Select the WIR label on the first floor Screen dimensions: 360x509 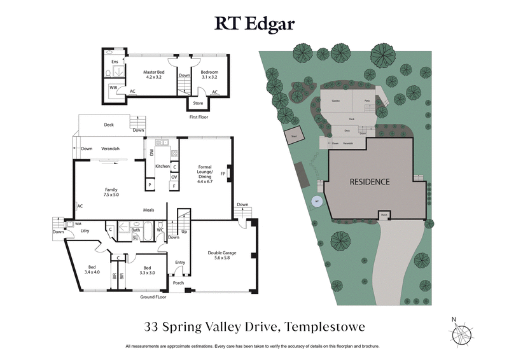tap(113, 88)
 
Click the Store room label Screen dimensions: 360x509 tap(198, 103)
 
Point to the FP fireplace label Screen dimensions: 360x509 tap(223, 172)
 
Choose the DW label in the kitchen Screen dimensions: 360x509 tap(151, 153)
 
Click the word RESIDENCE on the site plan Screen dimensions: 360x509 tap(370, 182)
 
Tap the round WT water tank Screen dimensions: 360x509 tap(316, 202)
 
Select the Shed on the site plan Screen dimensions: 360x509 tap(295, 135)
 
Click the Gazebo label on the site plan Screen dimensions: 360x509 tap(335, 101)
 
